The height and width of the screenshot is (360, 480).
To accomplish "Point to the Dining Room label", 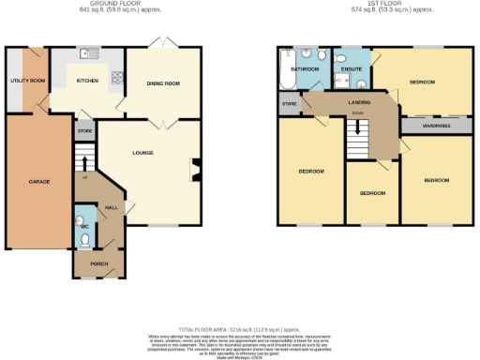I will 163,82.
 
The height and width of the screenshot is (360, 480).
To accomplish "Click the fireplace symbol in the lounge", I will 196,171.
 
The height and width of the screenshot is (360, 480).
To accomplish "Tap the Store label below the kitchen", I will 85,130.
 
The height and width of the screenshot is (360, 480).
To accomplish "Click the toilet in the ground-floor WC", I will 83,240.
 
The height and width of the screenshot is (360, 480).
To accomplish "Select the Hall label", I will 110,207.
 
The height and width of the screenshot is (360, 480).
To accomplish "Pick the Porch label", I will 98,264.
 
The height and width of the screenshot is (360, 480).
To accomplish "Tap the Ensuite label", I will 352,68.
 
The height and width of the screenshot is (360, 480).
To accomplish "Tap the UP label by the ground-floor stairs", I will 86,176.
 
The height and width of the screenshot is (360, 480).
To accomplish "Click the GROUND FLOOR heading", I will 100,4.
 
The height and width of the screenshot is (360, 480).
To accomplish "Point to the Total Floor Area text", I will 239,329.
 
